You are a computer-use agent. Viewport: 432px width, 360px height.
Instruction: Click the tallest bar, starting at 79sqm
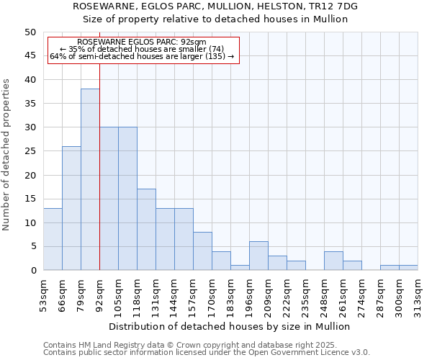point(90,179)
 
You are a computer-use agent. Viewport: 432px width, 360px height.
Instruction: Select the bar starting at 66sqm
point(71,208)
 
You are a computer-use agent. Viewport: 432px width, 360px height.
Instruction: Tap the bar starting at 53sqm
point(53,239)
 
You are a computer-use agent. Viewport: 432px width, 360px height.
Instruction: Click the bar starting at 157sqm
point(202,251)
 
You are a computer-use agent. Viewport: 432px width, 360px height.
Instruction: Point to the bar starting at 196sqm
point(258,256)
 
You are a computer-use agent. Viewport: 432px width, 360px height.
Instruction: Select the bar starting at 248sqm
point(333,261)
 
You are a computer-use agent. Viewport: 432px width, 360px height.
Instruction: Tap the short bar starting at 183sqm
point(240,268)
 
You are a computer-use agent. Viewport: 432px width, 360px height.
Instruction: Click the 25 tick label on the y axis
point(30,151)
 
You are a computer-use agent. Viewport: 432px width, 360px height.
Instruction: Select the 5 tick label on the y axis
point(32,247)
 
